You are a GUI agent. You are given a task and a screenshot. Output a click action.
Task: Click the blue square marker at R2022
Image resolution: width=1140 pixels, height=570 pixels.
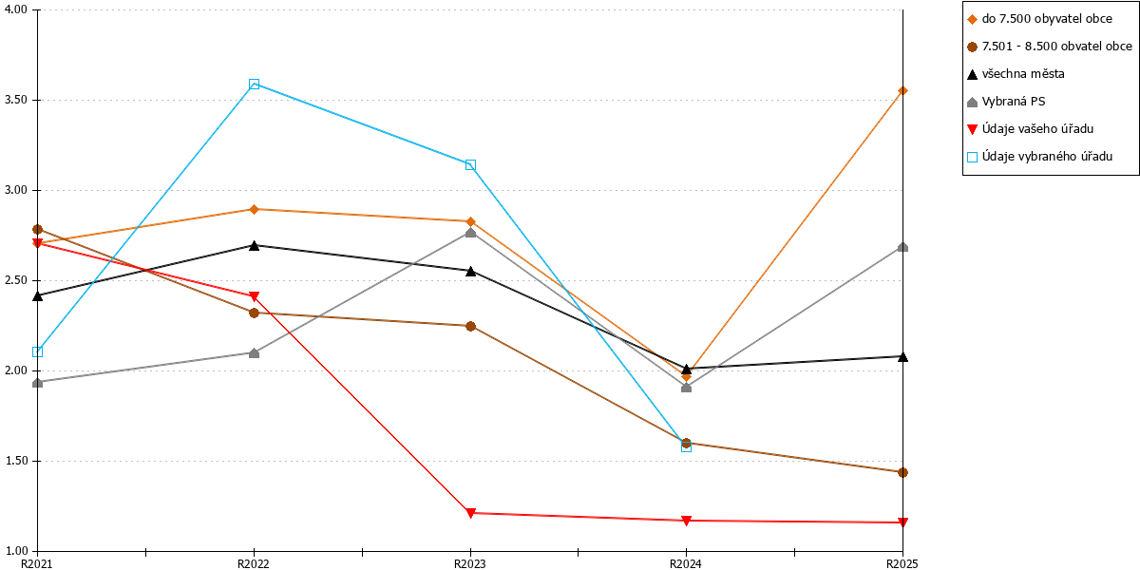pyautogui.click(x=254, y=84)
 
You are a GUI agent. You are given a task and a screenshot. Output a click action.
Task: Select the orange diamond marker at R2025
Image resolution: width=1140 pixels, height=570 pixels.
pyautogui.click(x=902, y=91)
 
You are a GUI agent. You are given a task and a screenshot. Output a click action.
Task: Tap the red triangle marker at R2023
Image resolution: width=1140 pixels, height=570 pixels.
pyautogui.click(x=470, y=513)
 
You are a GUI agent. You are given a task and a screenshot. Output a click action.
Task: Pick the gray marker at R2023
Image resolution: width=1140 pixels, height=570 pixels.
pyautogui.click(x=470, y=233)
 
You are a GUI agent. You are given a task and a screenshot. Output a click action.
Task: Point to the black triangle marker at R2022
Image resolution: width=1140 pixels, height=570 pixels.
pyautogui.click(x=254, y=245)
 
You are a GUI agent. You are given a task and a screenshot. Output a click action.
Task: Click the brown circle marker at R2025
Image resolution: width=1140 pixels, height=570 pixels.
pyautogui.click(x=902, y=473)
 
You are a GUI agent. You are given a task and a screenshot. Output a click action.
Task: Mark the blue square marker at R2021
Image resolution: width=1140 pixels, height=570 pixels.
pyautogui.click(x=37, y=351)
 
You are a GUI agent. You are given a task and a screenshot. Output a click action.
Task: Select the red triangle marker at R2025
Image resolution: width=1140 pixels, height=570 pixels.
pyautogui.click(x=902, y=522)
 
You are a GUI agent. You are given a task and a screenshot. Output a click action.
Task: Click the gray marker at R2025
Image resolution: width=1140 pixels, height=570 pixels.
pyautogui.click(x=902, y=247)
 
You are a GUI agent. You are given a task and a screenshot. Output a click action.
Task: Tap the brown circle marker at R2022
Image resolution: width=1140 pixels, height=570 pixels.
pyautogui.click(x=254, y=313)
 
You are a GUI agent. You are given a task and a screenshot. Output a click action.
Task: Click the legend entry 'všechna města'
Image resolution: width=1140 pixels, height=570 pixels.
pyautogui.click(x=1016, y=74)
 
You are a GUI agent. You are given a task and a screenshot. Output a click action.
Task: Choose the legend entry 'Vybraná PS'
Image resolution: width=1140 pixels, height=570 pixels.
pyautogui.click(x=1006, y=102)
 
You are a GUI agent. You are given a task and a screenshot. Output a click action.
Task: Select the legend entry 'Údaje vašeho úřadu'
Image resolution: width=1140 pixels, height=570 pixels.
pyautogui.click(x=1030, y=129)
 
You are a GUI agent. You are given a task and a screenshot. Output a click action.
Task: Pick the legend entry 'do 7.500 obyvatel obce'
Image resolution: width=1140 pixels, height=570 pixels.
pyautogui.click(x=1039, y=19)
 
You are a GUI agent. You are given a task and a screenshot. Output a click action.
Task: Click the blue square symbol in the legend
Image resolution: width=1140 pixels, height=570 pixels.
pyautogui.click(x=972, y=158)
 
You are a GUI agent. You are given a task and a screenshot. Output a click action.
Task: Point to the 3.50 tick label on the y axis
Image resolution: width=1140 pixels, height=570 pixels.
pyautogui.click(x=16, y=100)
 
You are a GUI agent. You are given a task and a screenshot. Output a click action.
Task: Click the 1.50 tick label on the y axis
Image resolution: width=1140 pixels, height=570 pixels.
pyautogui.click(x=16, y=461)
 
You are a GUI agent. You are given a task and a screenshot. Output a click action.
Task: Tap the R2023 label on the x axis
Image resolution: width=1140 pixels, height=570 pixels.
pyautogui.click(x=469, y=564)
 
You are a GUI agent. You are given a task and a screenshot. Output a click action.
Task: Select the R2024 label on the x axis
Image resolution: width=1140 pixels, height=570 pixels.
pyautogui.click(x=686, y=564)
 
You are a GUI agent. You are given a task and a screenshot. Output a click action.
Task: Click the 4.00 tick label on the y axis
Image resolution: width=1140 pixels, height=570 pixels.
pyautogui.click(x=16, y=9)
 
